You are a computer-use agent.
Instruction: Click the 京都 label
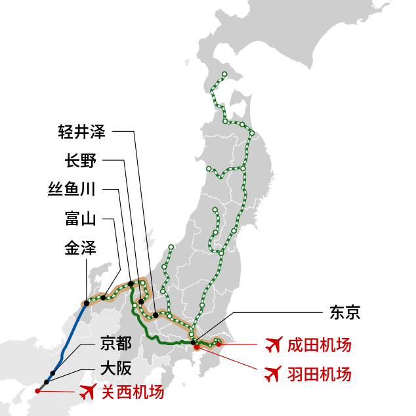tap(115, 343)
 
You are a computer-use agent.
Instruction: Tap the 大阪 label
tap(115, 368)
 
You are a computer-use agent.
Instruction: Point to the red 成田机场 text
tap(319, 344)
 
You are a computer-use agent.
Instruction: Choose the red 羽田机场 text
tap(319, 374)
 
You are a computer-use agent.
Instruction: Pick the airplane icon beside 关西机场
tap(87, 392)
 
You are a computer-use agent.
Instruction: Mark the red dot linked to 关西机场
tap(37, 390)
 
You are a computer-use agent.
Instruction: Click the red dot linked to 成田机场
tap(218, 344)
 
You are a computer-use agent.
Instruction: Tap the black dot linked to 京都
tap(52, 373)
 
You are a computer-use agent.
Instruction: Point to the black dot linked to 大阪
tap(46, 382)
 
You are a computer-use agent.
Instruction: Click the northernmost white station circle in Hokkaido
tap(224, 74)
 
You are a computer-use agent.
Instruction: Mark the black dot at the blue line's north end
tap(86, 303)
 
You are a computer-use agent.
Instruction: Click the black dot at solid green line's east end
tap(194, 343)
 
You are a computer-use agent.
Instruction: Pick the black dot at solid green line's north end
tap(131, 285)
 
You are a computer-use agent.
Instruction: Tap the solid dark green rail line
tap(157, 340)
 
